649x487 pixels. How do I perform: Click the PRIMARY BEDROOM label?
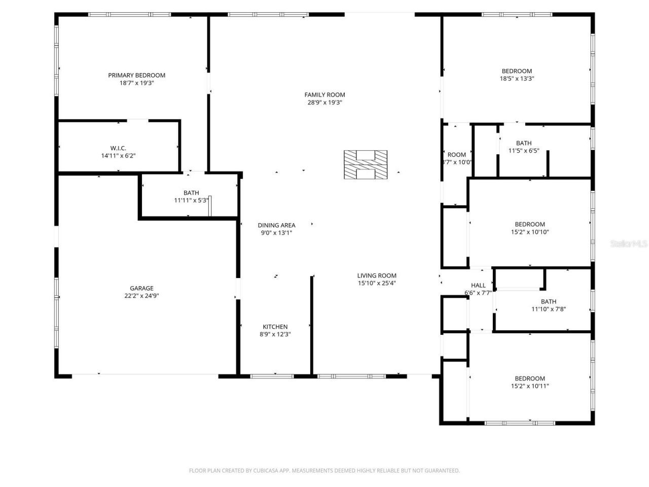(136, 75)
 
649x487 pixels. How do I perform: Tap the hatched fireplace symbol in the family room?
(366, 165)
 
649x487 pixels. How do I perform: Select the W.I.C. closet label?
(118, 148)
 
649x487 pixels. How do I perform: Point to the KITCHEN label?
(275, 327)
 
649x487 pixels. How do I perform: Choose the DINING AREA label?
(276, 225)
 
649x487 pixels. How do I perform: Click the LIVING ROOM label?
(377, 276)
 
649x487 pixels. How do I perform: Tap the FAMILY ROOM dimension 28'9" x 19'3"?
(324, 102)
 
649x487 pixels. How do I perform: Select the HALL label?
(478, 285)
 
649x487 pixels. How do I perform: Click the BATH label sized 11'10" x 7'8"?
(548, 301)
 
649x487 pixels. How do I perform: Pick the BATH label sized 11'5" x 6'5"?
(524, 143)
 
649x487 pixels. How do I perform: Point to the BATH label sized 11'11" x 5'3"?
(191, 193)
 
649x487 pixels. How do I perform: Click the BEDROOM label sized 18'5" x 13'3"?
(517, 71)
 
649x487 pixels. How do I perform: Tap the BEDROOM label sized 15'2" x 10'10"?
(530, 224)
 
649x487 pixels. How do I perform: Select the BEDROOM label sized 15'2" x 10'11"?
(530, 378)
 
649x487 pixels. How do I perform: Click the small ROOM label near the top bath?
(456, 155)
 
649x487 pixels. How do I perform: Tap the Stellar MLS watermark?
(629, 243)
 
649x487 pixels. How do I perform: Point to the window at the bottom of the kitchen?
(272, 376)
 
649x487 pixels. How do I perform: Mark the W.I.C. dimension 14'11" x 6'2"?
(118, 156)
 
